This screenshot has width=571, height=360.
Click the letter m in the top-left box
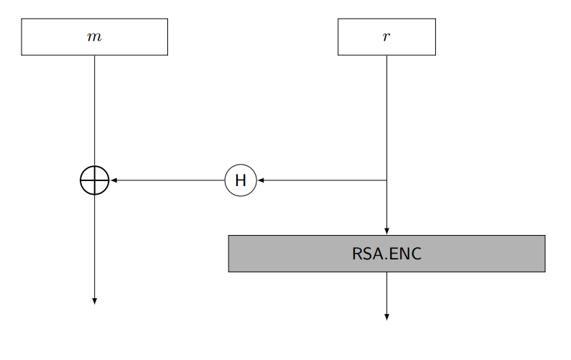tap(94, 37)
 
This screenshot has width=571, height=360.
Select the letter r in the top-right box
tap(386, 37)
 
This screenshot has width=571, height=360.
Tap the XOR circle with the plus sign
tap(94, 180)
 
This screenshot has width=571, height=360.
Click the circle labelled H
tap(241, 180)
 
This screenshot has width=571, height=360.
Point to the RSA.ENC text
tap(386, 254)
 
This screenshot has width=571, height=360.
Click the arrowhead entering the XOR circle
tap(113, 180)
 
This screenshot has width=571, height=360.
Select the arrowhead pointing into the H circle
tap(261, 180)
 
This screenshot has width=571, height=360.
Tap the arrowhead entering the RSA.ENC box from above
tap(386, 231)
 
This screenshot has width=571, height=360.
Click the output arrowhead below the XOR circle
tap(94, 301)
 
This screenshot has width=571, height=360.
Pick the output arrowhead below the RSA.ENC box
tap(386, 316)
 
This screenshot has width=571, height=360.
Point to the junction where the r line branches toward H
tap(386, 180)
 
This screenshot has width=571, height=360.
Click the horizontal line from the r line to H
tap(323, 180)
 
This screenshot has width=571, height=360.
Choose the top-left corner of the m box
tap(22, 19)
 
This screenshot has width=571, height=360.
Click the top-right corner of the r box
tap(435, 19)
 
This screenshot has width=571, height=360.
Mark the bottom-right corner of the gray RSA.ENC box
tap(544, 272)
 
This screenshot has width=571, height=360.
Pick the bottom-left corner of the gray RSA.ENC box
tap(228, 272)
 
